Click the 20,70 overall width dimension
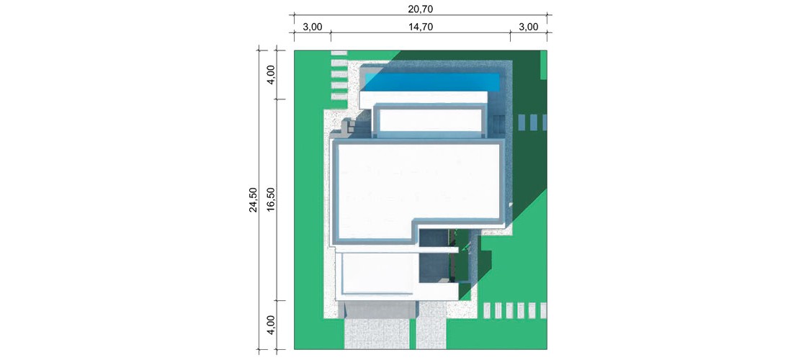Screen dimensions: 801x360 tap(421, 9)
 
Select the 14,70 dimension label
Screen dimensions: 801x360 tap(421, 27)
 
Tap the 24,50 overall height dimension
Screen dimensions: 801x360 tap(254, 199)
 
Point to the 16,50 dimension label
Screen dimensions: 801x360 tap(272, 199)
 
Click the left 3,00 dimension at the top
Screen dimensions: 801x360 tap(312, 27)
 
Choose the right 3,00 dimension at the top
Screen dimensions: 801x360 tap(528, 27)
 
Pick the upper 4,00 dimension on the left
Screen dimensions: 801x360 tap(272, 75)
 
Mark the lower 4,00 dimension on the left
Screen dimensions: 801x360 tap(272, 325)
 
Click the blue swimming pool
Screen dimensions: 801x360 tap(432, 81)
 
